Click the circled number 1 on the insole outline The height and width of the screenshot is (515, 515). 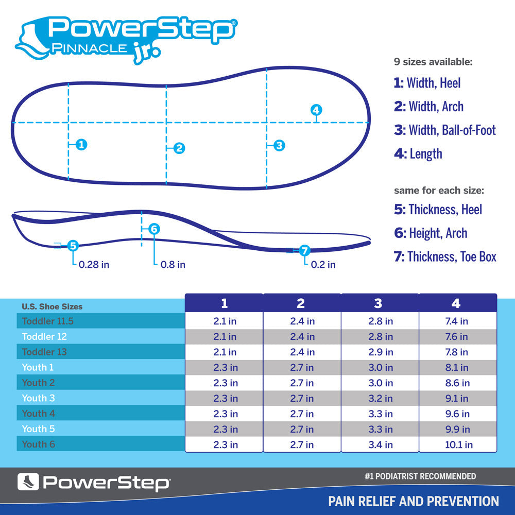81,145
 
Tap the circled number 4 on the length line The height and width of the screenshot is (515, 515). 316,110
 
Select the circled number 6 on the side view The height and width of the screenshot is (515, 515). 154,229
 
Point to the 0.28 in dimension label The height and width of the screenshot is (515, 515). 94,265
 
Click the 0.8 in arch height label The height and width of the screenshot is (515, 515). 173,265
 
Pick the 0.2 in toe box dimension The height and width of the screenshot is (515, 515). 323,265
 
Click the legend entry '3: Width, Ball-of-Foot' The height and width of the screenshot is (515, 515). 445,130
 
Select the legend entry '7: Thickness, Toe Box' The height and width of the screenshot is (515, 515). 445,256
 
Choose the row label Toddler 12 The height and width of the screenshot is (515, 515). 44,337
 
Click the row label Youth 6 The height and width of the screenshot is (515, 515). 39,444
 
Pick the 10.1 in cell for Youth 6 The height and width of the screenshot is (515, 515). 458,444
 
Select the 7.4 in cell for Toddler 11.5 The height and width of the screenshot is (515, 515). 457,321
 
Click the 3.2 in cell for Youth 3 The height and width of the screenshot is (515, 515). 380,398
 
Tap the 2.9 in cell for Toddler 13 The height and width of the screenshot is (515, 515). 380,352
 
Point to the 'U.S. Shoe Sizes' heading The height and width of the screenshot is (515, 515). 52,306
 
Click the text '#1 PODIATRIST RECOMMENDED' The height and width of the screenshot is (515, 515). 420,476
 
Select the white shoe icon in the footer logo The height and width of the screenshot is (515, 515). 28,482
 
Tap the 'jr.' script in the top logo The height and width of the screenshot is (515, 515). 146,53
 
